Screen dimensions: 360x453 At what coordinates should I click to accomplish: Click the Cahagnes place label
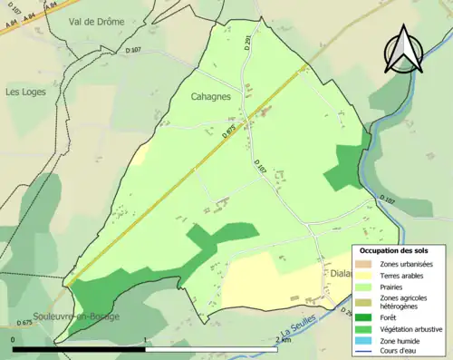[211, 96]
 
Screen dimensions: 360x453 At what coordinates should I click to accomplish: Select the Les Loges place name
[25, 92]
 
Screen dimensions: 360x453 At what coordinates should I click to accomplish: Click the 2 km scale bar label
[284, 340]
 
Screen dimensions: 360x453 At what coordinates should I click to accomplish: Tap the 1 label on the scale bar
[146, 340]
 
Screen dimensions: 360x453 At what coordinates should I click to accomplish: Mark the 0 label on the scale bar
[14, 340]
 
